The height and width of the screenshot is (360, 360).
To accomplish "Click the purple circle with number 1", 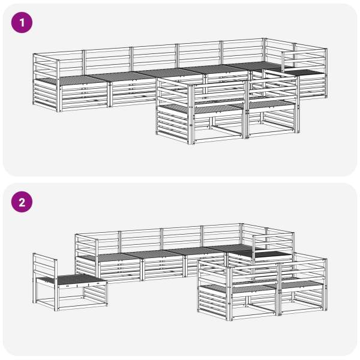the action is pyautogui.click(x=22, y=23).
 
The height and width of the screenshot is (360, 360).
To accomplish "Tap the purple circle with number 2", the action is pyautogui.click(x=22, y=202).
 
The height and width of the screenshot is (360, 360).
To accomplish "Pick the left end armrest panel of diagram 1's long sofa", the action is pyautogui.click(x=46, y=83).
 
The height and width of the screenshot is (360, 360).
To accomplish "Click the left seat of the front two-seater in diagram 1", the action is pyautogui.click(x=202, y=109).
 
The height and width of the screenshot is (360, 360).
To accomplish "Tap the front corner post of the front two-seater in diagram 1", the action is pyautogui.click(x=191, y=114).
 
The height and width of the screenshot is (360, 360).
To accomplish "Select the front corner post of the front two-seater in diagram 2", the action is pyautogui.click(x=228, y=293).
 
